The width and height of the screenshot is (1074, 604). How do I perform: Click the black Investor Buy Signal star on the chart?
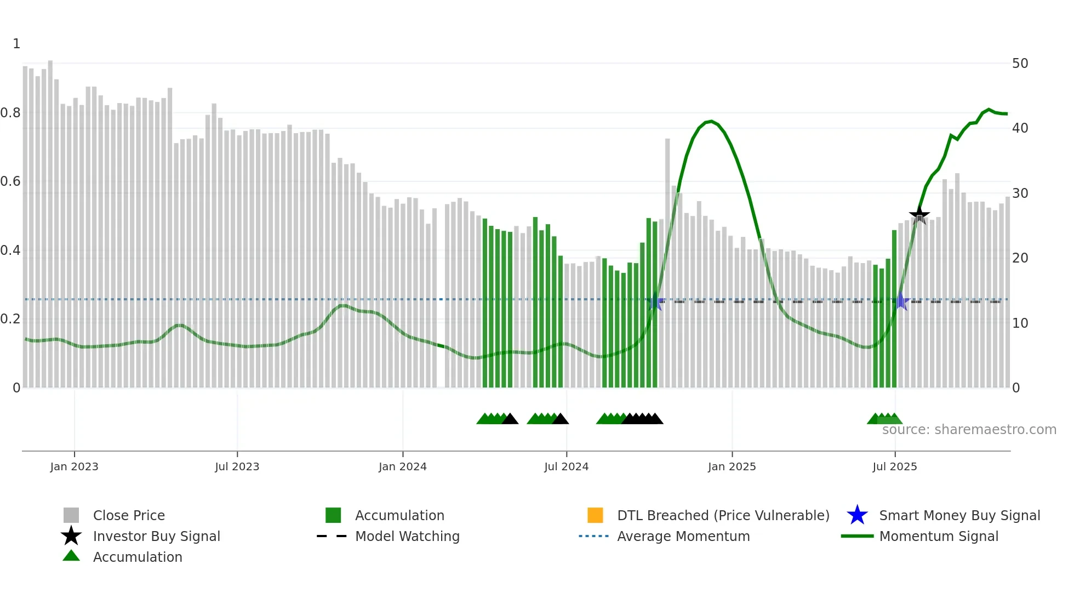(919, 215)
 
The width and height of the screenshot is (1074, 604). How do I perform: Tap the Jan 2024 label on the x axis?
(402, 466)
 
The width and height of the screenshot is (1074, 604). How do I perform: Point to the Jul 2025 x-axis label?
(894, 466)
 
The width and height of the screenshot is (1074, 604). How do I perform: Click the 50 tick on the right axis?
(1020, 64)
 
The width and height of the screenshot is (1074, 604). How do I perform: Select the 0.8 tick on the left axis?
(11, 113)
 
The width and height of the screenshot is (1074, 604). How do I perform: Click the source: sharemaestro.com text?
(969, 430)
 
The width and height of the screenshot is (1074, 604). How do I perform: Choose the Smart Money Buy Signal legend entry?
(959, 515)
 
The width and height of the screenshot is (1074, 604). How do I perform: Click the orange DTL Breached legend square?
(595, 515)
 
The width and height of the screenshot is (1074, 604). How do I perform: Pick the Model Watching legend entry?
(407, 536)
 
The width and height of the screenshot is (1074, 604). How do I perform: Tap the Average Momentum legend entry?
(683, 536)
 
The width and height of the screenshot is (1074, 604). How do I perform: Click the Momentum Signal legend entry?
(938, 536)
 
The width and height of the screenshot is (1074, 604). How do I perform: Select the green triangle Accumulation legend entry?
(137, 557)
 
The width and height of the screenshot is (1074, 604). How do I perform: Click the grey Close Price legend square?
(71, 515)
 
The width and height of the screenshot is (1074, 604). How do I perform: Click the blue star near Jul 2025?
(900, 301)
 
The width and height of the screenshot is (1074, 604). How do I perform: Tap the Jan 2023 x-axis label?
(74, 466)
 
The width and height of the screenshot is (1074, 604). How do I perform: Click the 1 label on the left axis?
(16, 44)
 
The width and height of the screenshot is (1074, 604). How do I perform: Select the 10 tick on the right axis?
(1020, 323)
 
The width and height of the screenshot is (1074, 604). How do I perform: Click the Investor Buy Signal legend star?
(71, 536)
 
